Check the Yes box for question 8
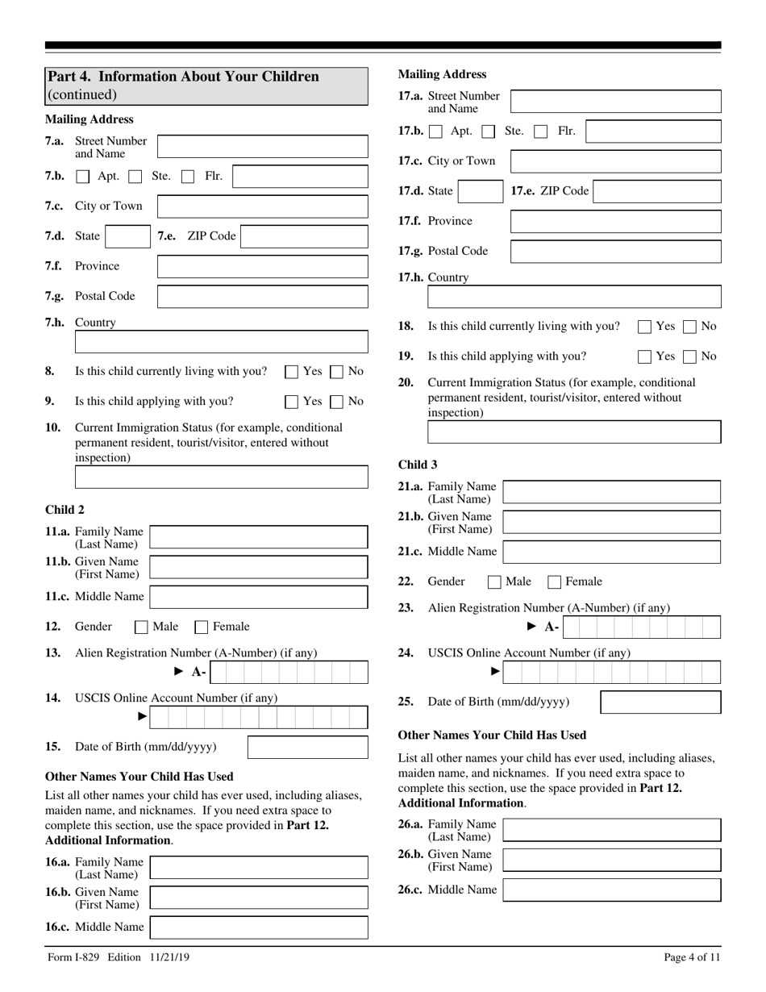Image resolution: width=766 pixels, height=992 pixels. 292,372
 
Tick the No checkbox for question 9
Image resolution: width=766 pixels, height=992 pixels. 338,402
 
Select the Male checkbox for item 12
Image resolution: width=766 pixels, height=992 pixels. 142,627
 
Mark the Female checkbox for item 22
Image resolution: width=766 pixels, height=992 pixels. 555,581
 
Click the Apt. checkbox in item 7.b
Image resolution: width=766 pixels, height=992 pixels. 83,177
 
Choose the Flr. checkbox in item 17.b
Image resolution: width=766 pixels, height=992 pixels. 542,131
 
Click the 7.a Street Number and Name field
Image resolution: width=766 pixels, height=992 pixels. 262,147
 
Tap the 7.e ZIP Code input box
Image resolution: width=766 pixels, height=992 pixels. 304,236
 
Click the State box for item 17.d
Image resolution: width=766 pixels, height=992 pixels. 481,191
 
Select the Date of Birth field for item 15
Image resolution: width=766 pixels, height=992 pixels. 307,747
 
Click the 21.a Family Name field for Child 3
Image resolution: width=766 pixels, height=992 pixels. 611,492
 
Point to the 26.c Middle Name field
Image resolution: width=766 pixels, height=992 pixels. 611,890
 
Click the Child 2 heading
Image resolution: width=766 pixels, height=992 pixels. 65,509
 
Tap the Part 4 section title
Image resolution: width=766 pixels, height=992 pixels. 182,77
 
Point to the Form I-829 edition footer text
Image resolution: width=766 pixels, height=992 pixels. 118,957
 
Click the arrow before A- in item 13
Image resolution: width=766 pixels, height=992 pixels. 179,672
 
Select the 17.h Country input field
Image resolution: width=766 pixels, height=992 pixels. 574,298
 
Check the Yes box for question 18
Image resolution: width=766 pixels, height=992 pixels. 645,327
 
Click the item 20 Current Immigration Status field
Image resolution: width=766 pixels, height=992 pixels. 574,432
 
